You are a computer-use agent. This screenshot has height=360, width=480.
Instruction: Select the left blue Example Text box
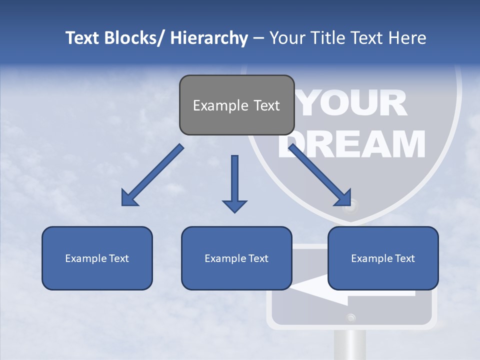pyautogui.click(x=97, y=258)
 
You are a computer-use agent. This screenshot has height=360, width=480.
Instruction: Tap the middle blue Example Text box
pyautogui.click(x=236, y=258)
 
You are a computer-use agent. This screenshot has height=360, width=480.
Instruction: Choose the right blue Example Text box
pyautogui.click(x=383, y=258)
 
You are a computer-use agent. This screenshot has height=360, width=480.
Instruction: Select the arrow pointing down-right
pyautogui.click(x=320, y=175)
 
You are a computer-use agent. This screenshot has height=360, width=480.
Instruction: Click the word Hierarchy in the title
pyautogui.click(x=208, y=38)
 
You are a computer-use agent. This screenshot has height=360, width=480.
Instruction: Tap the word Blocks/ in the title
pyautogui.click(x=135, y=38)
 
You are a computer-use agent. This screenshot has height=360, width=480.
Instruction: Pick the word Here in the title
pyautogui.click(x=407, y=38)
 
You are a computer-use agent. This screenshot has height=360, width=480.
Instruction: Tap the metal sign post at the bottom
pyautogui.click(x=349, y=345)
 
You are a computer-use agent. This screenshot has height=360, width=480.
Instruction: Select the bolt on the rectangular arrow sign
pyautogui.click(x=350, y=316)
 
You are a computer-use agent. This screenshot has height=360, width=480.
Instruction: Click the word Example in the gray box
pyautogui.click(x=220, y=105)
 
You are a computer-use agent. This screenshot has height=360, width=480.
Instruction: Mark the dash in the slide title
pyautogui.click(x=258, y=38)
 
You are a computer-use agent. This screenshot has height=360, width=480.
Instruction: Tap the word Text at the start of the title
pyautogui.click(x=81, y=38)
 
